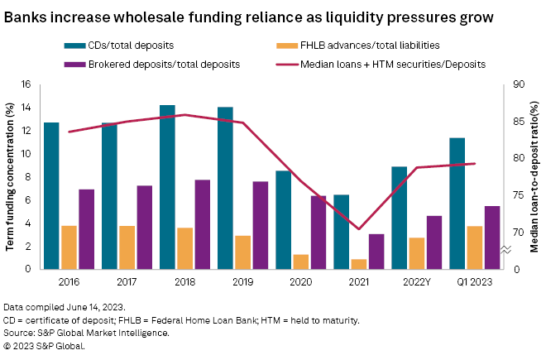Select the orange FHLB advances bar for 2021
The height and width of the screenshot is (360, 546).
358,264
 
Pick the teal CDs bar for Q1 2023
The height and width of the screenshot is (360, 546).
457,204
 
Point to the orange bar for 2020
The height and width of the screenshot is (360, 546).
300,262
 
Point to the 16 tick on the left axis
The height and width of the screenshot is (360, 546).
26,84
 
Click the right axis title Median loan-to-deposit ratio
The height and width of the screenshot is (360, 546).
535,177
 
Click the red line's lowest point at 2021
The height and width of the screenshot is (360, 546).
359,229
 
